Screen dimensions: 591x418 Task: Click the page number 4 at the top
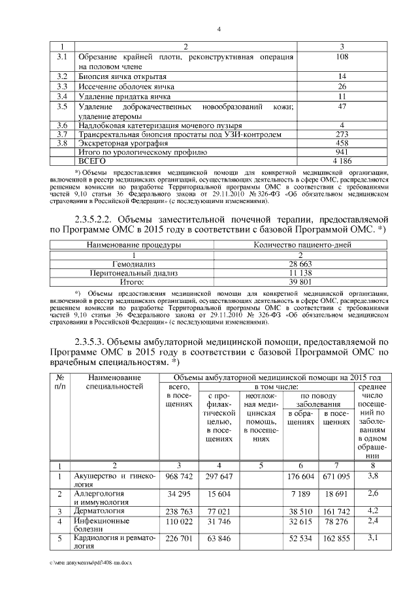(219, 29)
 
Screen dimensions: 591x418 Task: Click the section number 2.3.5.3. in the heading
(95, 342)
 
